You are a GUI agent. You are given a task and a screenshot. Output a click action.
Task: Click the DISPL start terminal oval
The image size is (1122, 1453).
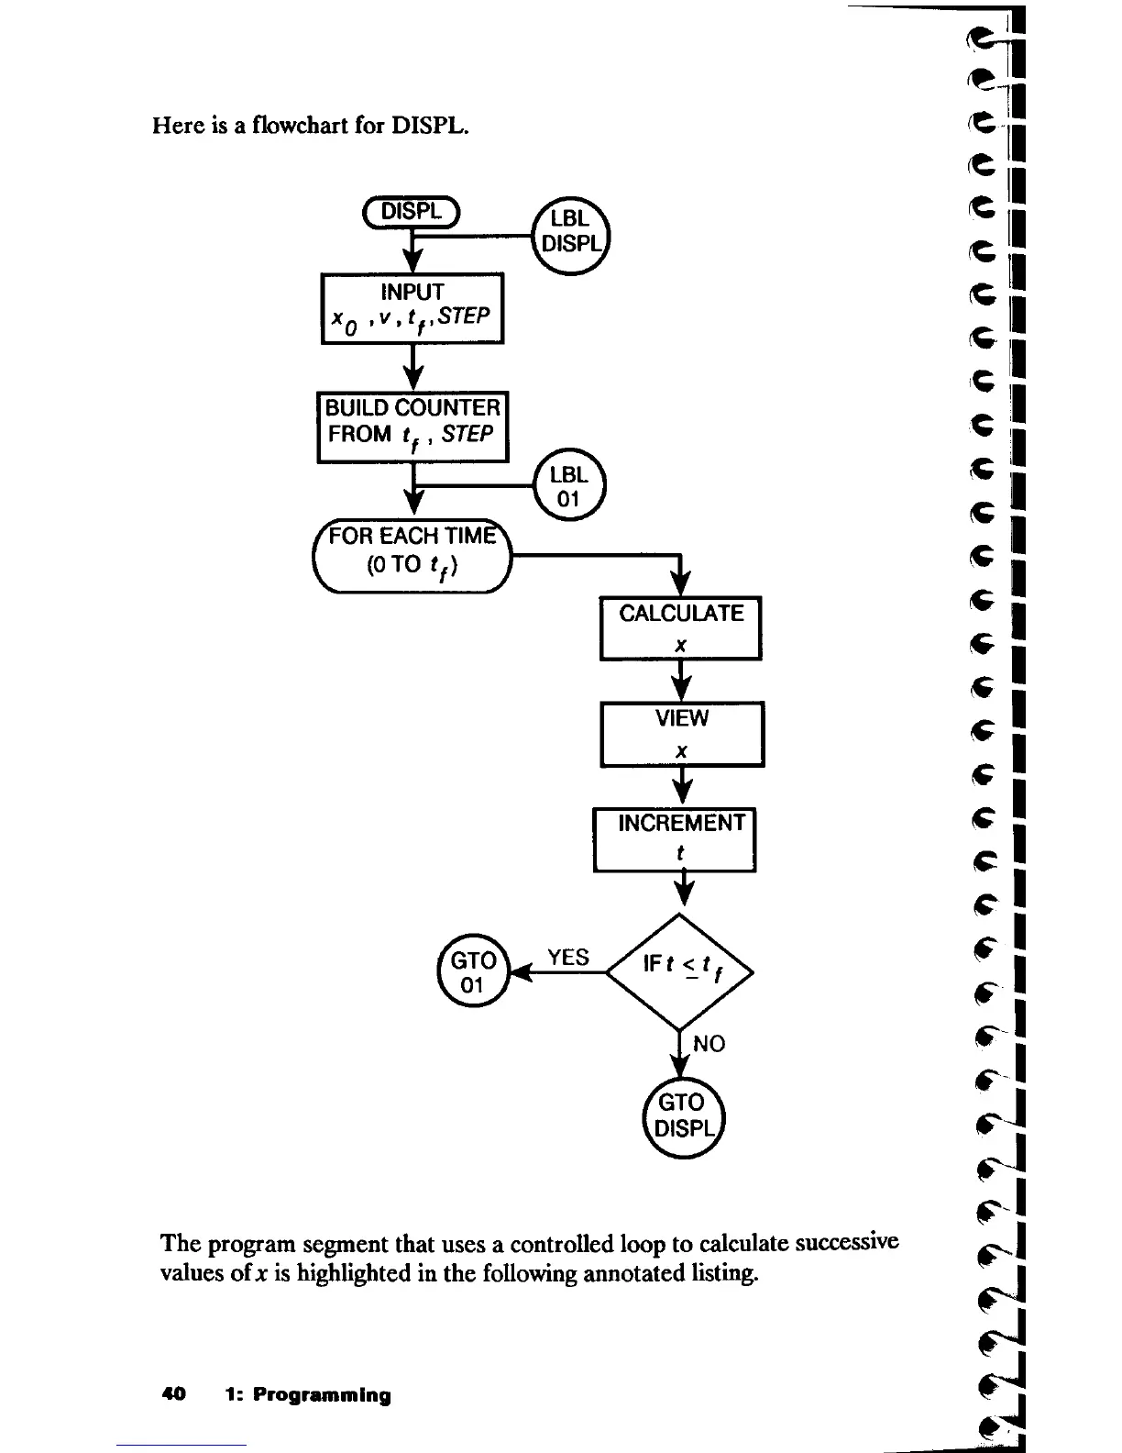(x=412, y=211)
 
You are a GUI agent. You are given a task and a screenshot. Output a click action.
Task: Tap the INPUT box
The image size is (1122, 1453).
(x=412, y=307)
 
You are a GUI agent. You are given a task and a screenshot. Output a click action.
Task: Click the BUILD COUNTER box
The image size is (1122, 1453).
(x=412, y=427)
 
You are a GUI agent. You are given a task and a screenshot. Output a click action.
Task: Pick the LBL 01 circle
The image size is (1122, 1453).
(x=568, y=487)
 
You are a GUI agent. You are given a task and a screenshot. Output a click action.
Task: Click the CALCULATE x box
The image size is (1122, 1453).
(x=681, y=627)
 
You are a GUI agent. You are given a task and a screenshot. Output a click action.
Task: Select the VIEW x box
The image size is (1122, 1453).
(x=682, y=733)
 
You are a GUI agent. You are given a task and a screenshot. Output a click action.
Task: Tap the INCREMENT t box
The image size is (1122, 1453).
(x=676, y=838)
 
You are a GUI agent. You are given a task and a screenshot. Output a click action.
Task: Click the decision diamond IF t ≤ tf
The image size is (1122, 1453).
(x=679, y=971)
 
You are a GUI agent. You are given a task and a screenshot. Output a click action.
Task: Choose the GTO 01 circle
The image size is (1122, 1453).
(x=473, y=971)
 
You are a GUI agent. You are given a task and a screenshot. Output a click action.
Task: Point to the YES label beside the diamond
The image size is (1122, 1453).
(x=568, y=958)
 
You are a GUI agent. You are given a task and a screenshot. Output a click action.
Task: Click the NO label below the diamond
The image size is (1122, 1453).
(x=709, y=1044)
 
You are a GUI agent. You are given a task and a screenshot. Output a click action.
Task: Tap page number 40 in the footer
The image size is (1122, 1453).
(x=173, y=1395)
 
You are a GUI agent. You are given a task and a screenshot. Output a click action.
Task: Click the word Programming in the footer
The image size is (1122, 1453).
(x=322, y=1395)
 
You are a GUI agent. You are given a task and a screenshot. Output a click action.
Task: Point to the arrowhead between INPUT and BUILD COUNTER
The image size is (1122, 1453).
(x=414, y=377)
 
